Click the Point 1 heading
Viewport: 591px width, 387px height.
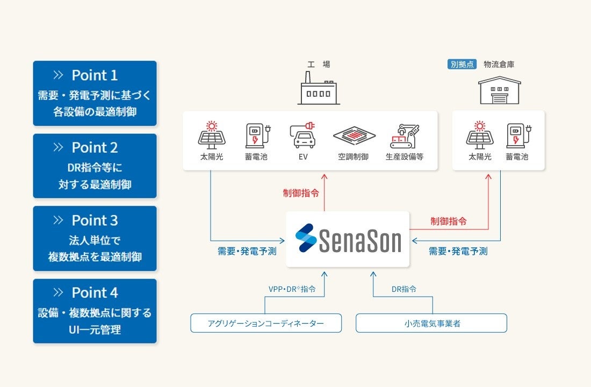95,75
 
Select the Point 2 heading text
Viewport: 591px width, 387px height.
95,147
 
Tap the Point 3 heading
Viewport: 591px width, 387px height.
95,220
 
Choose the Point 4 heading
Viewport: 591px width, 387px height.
95,293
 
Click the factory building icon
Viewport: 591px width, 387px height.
319,88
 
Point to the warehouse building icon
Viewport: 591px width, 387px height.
500,90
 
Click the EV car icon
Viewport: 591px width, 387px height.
304,135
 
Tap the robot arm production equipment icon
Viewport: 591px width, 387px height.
405,136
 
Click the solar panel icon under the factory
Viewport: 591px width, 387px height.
212,135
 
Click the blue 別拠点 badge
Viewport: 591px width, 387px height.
462,64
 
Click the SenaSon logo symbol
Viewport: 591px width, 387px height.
306,238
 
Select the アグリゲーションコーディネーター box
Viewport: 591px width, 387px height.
266,323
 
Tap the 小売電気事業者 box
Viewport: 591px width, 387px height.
431,323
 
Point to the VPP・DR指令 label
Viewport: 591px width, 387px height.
292,289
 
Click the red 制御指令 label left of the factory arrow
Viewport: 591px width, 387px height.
301,193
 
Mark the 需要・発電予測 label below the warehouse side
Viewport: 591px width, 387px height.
458,251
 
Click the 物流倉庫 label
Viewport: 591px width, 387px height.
499,64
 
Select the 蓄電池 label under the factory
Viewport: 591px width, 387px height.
256,157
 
